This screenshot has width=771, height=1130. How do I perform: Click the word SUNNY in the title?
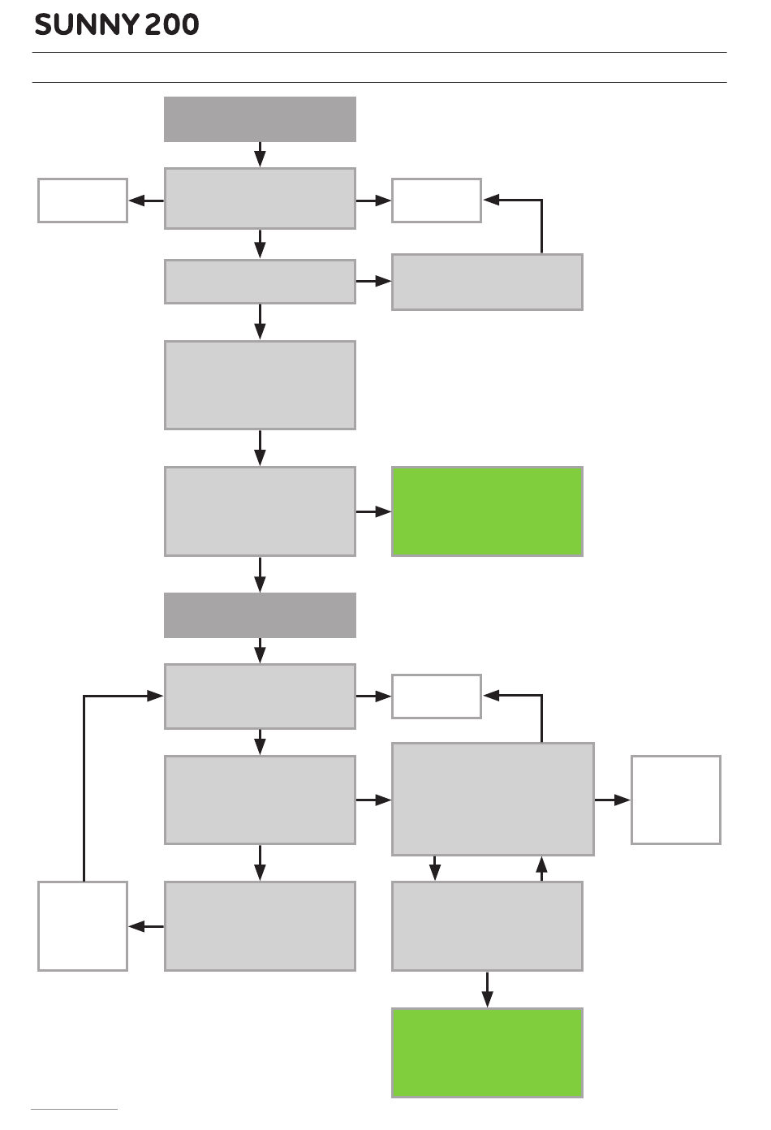pyautogui.click(x=87, y=24)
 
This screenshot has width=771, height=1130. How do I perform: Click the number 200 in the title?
pyautogui.click(x=172, y=24)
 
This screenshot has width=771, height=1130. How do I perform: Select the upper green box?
pyautogui.click(x=487, y=511)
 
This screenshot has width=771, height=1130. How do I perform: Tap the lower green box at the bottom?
pyautogui.click(x=487, y=1053)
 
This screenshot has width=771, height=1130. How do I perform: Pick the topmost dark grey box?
pyautogui.click(x=261, y=119)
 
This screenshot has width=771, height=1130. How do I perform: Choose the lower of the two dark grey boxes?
pyautogui.click(x=261, y=615)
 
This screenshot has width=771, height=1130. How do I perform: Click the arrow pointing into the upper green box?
pyautogui.click(x=373, y=511)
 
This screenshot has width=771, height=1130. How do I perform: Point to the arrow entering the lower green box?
pyautogui.click(x=487, y=990)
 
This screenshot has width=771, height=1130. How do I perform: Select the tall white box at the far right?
pyautogui.click(x=676, y=800)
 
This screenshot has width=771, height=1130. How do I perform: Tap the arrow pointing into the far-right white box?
pyautogui.click(x=613, y=800)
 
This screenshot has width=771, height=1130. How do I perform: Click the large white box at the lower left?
pyautogui.click(x=83, y=926)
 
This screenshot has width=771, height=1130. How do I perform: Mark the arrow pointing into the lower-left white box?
pyautogui.click(x=146, y=926)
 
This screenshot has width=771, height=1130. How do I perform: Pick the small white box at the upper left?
pyautogui.click(x=83, y=201)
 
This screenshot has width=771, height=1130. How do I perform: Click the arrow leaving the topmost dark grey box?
pyautogui.click(x=261, y=154)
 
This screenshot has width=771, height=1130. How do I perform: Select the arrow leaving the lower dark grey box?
pyautogui.click(x=261, y=651)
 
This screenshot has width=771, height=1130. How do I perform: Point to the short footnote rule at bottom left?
pyautogui.click(x=74, y=1110)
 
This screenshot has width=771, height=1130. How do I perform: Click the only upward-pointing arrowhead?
pyautogui.click(x=541, y=865)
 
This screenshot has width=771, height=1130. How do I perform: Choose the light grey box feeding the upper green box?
pyautogui.click(x=261, y=511)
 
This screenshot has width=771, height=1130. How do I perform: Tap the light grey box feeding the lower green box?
pyautogui.click(x=487, y=926)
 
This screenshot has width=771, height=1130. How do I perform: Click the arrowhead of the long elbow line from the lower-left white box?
pyautogui.click(x=155, y=697)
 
